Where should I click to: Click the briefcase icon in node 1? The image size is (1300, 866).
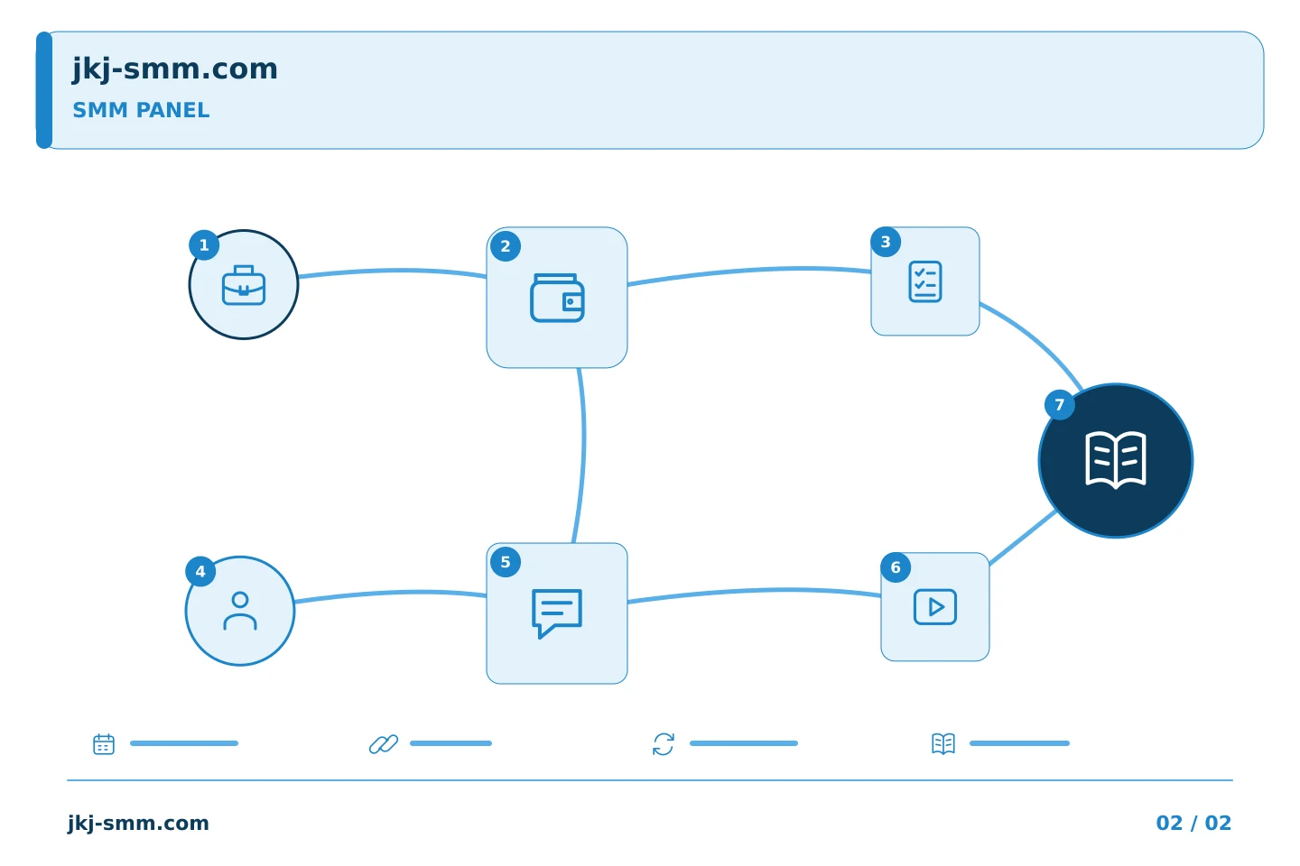pos(244,285)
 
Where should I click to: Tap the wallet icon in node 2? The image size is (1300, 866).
pos(557,298)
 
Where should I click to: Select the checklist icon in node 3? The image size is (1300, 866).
pos(925,281)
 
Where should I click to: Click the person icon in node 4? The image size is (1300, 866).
pos(240,611)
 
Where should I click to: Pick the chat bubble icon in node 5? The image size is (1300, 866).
pos(557,613)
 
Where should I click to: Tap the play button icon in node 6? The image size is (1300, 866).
pos(935,607)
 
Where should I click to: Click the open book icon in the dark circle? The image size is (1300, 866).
pos(1116,460)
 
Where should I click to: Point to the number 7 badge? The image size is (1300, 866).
pos(1060,404)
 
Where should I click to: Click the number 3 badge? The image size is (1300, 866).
pos(886,241)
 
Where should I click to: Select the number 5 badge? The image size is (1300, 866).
pos(506,562)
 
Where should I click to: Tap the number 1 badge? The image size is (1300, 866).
pos(204,244)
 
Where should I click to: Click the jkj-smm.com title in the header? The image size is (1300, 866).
pos(175,69)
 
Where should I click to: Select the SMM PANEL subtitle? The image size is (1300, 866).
pos(141,110)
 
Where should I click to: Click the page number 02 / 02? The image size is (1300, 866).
pos(1193,823)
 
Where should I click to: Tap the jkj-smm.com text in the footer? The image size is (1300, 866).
pos(138,823)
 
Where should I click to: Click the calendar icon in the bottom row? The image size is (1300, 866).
pos(104,743)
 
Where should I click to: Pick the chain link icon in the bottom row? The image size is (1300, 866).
pos(384,743)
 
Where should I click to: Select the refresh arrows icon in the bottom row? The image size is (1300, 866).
pos(664,743)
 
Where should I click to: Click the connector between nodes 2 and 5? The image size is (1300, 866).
pos(583,456)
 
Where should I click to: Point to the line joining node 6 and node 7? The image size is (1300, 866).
pos(1022,538)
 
